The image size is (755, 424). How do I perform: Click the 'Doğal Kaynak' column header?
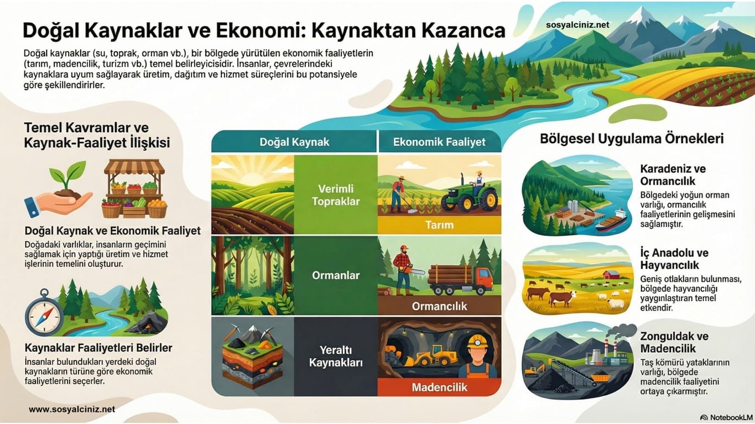(294, 142)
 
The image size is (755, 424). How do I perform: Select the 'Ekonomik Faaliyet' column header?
(439, 142)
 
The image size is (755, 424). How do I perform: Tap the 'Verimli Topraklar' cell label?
(336, 195)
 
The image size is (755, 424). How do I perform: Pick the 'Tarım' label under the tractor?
(439, 224)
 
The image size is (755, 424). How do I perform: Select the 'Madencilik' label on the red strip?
(439, 387)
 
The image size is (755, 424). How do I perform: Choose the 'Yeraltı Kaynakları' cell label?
(336, 357)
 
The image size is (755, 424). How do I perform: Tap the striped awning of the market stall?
(134, 166)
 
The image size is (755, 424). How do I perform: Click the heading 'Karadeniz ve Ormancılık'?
(673, 175)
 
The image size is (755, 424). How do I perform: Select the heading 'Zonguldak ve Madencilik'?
(674, 342)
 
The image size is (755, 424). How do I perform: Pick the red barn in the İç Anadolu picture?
(611, 275)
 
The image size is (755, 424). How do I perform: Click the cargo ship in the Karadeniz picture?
(611, 221)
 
